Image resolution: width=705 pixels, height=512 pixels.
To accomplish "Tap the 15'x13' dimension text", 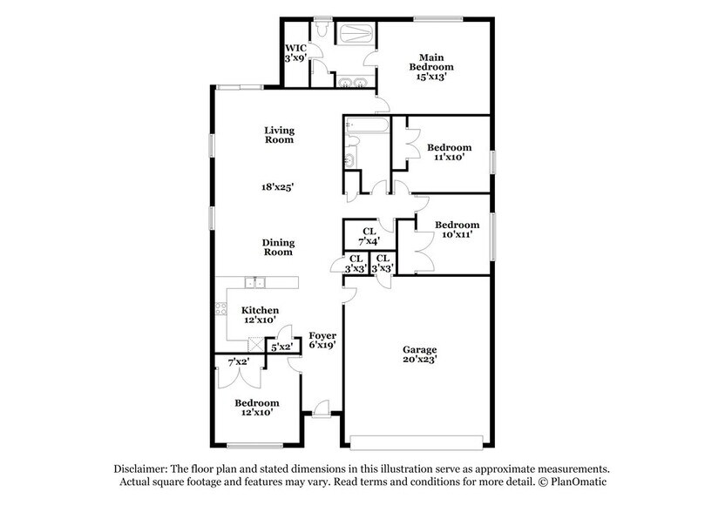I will tap(432, 77).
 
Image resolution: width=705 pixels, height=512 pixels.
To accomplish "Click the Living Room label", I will tap(279, 134).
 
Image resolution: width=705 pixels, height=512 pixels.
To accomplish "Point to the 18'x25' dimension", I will tap(279, 186).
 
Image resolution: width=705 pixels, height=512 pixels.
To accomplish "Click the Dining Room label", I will tap(279, 247).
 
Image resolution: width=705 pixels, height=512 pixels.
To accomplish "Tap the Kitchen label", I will tap(260, 310).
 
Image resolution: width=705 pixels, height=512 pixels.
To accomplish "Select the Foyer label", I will tap(322, 335).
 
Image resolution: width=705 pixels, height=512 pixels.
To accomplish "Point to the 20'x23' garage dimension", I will tap(419, 358).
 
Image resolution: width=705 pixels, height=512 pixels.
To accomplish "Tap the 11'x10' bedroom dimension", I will tap(449, 158).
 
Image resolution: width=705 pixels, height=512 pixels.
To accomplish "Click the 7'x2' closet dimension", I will tap(237, 361).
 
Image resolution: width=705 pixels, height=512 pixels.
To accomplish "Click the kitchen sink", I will tap(259, 282).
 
